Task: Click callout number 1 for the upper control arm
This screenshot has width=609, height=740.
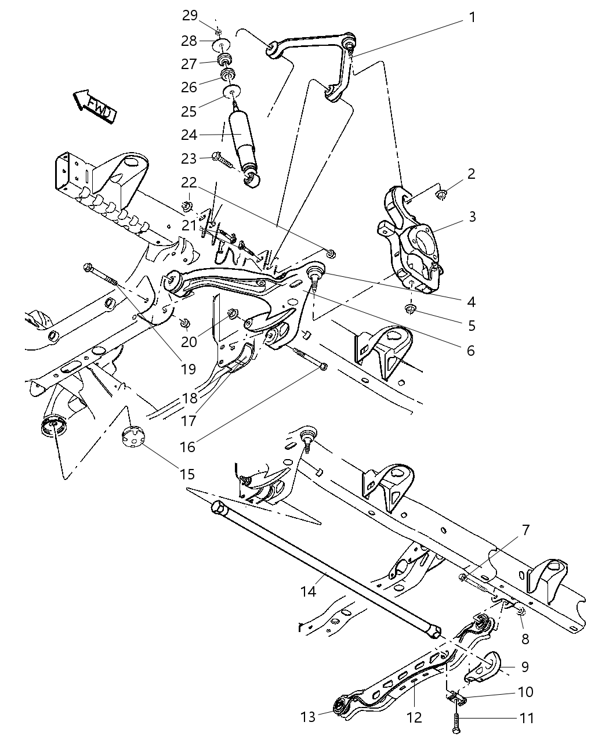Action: tap(472, 17)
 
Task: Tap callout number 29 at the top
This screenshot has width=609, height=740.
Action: tap(190, 16)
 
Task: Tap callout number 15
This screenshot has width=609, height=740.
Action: tap(187, 474)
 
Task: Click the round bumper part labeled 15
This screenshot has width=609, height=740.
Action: tap(133, 437)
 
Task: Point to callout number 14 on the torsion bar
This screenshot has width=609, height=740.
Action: tap(308, 591)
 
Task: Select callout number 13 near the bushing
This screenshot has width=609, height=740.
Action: tap(309, 717)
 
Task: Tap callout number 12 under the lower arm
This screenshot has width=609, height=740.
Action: tap(414, 717)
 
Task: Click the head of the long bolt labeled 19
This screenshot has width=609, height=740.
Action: tap(89, 268)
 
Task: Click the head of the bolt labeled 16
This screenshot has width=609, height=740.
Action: tap(324, 367)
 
